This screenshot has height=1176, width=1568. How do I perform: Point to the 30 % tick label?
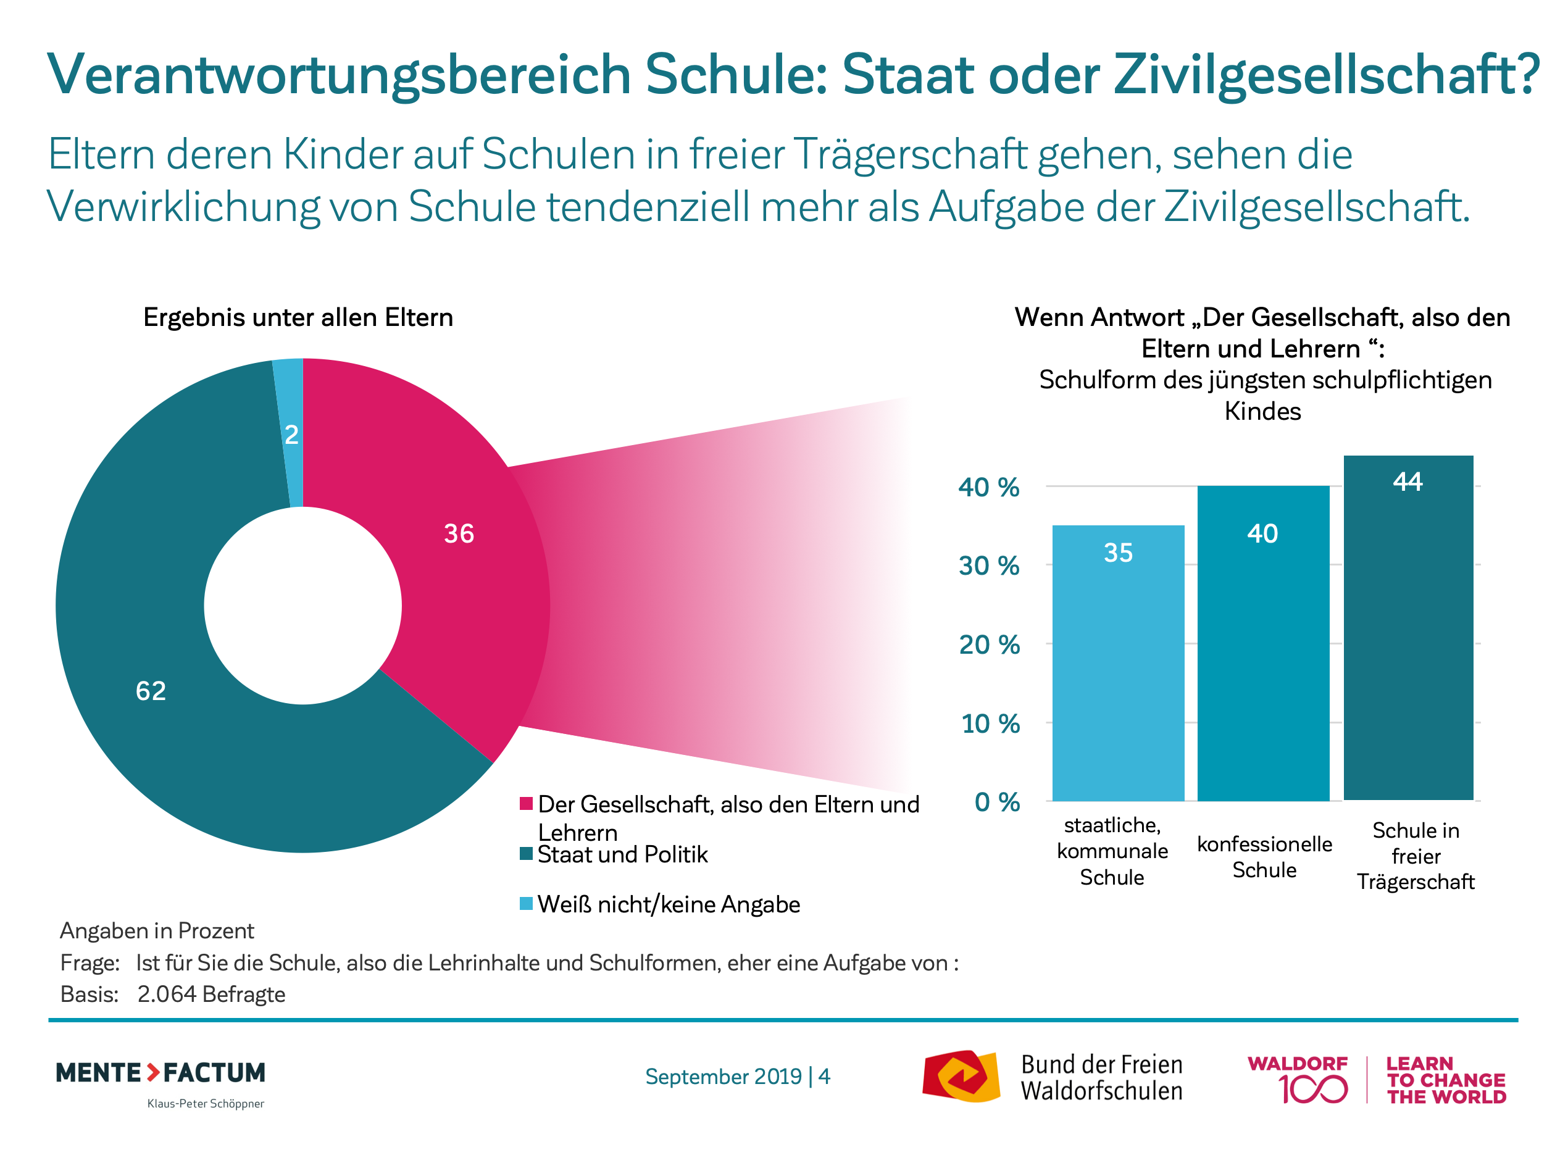tap(989, 565)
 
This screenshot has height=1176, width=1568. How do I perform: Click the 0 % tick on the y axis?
tap(996, 802)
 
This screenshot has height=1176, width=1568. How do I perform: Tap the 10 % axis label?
tap(990, 724)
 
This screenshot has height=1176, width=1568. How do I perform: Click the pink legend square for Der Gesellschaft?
tap(526, 803)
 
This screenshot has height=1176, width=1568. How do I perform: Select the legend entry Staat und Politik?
tap(622, 854)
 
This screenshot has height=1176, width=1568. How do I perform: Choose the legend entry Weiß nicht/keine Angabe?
tap(668, 904)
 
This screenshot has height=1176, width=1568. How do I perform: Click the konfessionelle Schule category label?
tap(1265, 856)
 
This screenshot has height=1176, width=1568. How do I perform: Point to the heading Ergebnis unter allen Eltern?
tap(298, 317)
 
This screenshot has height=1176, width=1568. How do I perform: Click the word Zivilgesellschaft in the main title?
tap(1325, 75)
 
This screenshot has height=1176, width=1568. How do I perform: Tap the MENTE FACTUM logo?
tap(161, 1072)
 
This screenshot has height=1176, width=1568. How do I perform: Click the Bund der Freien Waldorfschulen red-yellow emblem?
tap(961, 1076)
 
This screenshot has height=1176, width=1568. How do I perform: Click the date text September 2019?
tap(723, 1076)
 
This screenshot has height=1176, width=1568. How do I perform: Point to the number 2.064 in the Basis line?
tap(167, 994)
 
